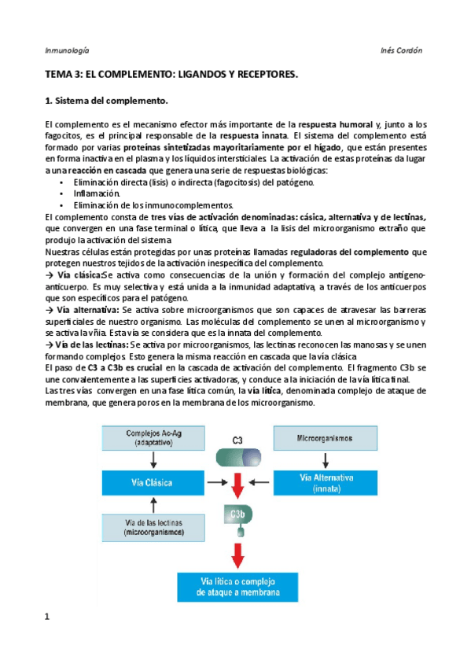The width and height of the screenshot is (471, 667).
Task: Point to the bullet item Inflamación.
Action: (98, 193)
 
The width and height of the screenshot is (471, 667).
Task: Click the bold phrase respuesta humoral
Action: (337, 124)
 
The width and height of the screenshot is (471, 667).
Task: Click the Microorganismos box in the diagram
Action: (324, 437)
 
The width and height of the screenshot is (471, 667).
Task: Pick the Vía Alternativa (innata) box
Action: (324, 481)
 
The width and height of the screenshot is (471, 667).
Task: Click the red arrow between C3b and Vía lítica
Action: (235, 556)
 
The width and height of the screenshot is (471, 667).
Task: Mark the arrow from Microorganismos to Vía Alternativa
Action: (324, 459)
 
